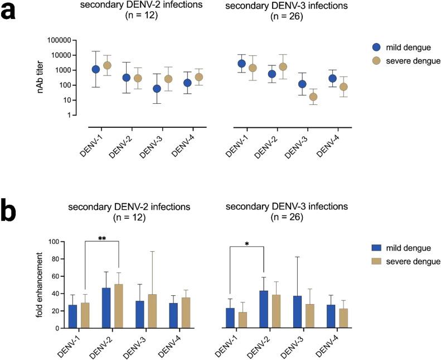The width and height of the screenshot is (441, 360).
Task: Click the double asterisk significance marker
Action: coord(103,239)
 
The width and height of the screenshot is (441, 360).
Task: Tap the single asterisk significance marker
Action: coord(247,244)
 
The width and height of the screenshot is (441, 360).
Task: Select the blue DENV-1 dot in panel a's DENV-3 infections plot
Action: coord(241,64)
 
